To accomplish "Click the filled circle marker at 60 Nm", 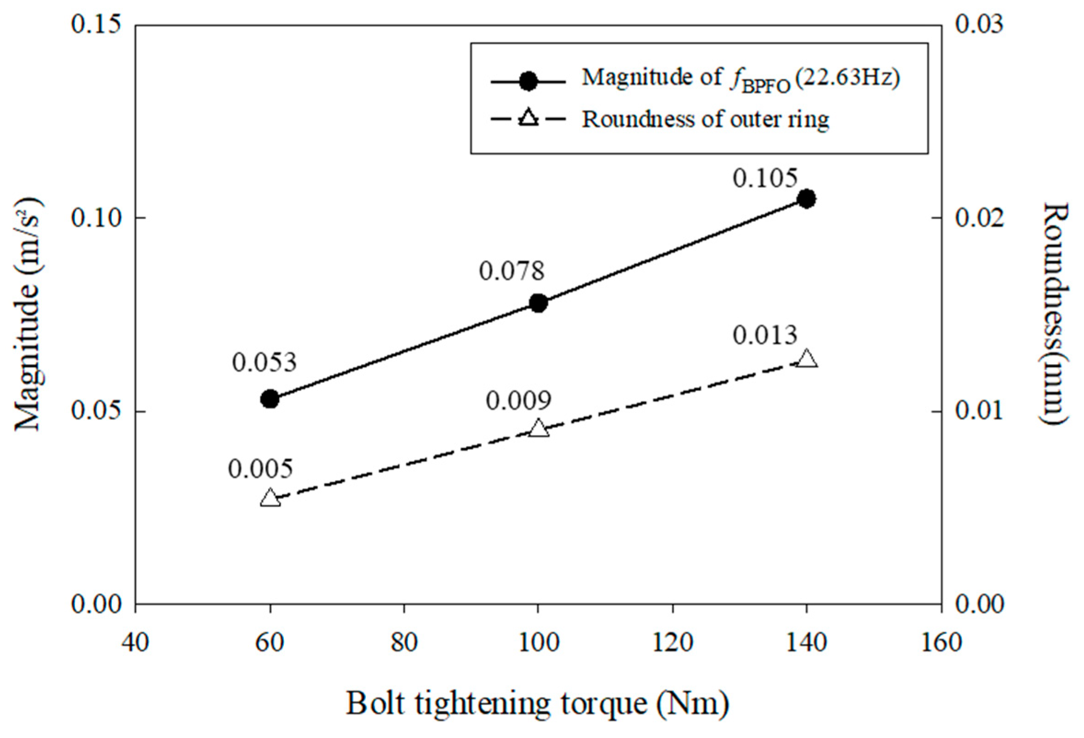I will (270, 399).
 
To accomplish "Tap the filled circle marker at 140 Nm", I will (807, 199).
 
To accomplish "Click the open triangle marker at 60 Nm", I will (270, 499).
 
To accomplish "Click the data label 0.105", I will (765, 178).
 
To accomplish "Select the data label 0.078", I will (512, 271).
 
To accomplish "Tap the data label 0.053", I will (264, 362).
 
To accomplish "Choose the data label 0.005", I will (260, 468).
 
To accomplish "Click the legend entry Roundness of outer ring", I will (705, 120).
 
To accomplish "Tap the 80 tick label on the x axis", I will (403, 643).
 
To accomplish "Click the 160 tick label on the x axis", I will (941, 643).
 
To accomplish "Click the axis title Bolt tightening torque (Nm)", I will (537, 703).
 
